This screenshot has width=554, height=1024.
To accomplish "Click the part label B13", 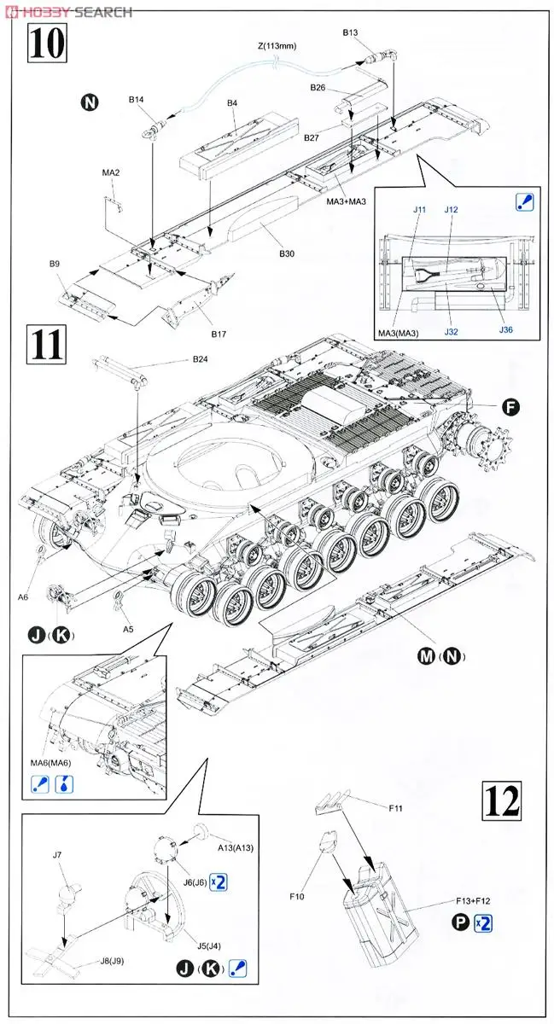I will click(x=350, y=32).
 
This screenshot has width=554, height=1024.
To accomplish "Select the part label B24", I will click(x=199, y=359).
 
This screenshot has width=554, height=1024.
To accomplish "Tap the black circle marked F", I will click(x=510, y=407).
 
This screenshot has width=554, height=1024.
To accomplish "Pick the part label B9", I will click(x=54, y=264).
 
